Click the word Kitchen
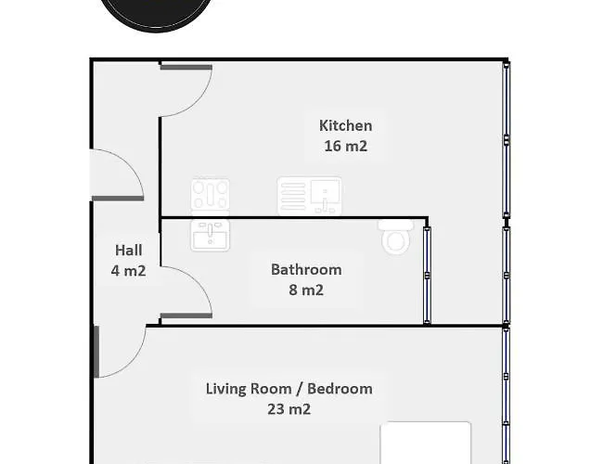pyautogui.click(x=345, y=125)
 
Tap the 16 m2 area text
pyautogui.click(x=345, y=146)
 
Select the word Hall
pyautogui.click(x=129, y=251)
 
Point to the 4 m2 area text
pyautogui.click(x=129, y=271)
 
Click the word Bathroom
pyautogui.click(x=306, y=269)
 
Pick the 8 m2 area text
pyautogui.click(x=306, y=290)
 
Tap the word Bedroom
pyautogui.click(x=340, y=389)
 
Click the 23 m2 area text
pyautogui.click(x=289, y=409)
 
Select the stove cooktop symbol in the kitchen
pyautogui.click(x=211, y=196)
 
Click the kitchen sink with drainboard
pyautogui.click(x=310, y=197)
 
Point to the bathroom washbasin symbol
pyautogui.click(x=210, y=235)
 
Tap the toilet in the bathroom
pyautogui.click(x=396, y=237)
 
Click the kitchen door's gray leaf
pyautogui.click(x=186, y=68)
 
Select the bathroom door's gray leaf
pyautogui.click(x=186, y=316)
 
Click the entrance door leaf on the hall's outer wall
pyautogui.click(x=118, y=199)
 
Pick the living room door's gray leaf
pyautogui.click(x=96, y=352)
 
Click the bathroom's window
pyautogui.click(x=427, y=276)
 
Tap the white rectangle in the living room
pyautogui.click(x=426, y=443)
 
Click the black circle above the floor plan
pyautogui.click(x=156, y=14)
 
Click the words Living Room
pyautogui.click(x=249, y=389)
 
